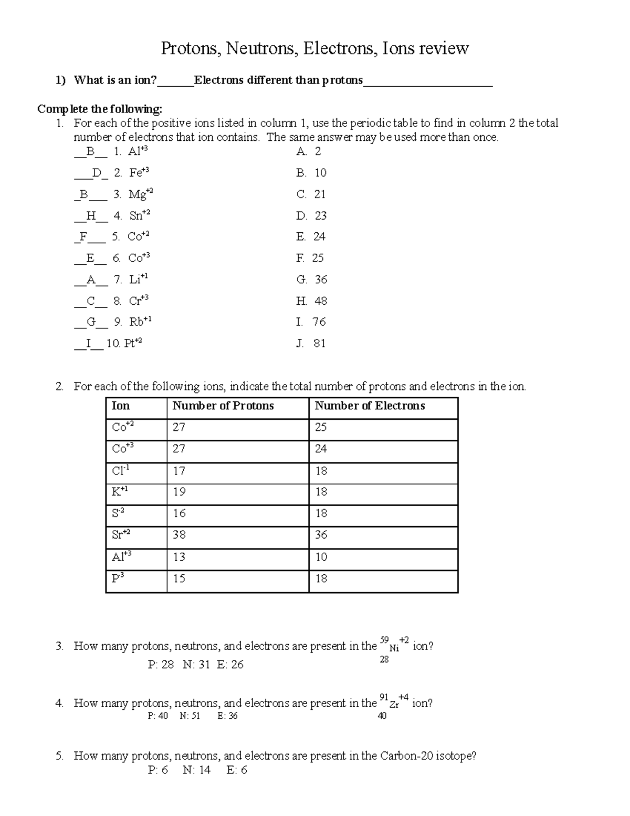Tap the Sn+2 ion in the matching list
(139, 215)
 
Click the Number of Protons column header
(223, 406)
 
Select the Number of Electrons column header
(370, 406)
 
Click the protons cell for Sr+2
(179, 535)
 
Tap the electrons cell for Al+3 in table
(321, 556)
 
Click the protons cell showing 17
(179, 471)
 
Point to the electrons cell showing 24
(321, 449)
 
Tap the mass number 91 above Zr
(383, 697)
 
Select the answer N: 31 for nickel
(196, 665)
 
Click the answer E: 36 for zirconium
(227, 716)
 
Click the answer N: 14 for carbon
(196, 770)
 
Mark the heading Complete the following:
(100, 109)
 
